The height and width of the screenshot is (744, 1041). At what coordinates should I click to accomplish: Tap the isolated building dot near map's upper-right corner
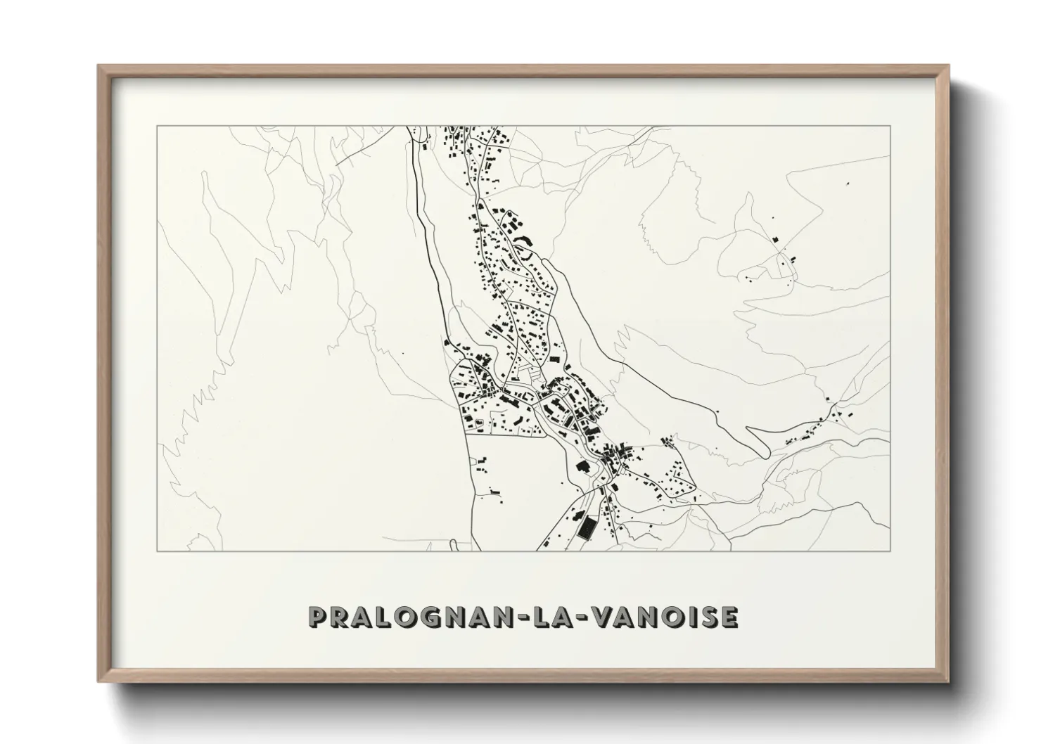(x=848, y=184)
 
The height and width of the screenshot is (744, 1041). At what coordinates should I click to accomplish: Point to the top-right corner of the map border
(x=890, y=126)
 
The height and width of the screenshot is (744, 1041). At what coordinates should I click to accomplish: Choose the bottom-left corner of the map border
(x=157, y=551)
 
